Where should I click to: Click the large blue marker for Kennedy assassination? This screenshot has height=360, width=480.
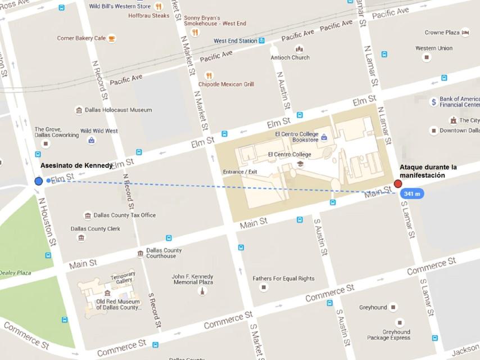point(38,181)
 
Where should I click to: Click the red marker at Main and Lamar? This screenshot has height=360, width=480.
point(398,184)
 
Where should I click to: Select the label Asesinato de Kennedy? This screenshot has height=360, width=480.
point(76,165)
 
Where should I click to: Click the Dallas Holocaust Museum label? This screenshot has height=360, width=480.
point(118,110)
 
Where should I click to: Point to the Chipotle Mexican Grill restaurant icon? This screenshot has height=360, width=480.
point(209,75)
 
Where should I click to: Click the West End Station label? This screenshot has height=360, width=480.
point(235,41)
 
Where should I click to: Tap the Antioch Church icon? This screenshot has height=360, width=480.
point(299,49)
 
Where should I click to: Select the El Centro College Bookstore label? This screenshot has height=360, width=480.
point(296,137)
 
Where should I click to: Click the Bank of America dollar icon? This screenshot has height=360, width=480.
point(433,102)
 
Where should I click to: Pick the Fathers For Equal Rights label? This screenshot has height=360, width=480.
point(283,278)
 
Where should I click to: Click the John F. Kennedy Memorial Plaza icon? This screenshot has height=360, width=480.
point(202,291)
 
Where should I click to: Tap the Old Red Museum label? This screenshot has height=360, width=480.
point(118,304)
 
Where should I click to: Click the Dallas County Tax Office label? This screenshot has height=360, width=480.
point(124,215)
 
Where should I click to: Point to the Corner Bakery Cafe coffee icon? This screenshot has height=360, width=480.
point(111,38)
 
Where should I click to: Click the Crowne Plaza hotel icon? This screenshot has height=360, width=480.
point(465,33)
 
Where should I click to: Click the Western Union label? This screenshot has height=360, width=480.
point(433,48)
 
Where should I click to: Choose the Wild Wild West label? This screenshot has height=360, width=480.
point(99,131)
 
